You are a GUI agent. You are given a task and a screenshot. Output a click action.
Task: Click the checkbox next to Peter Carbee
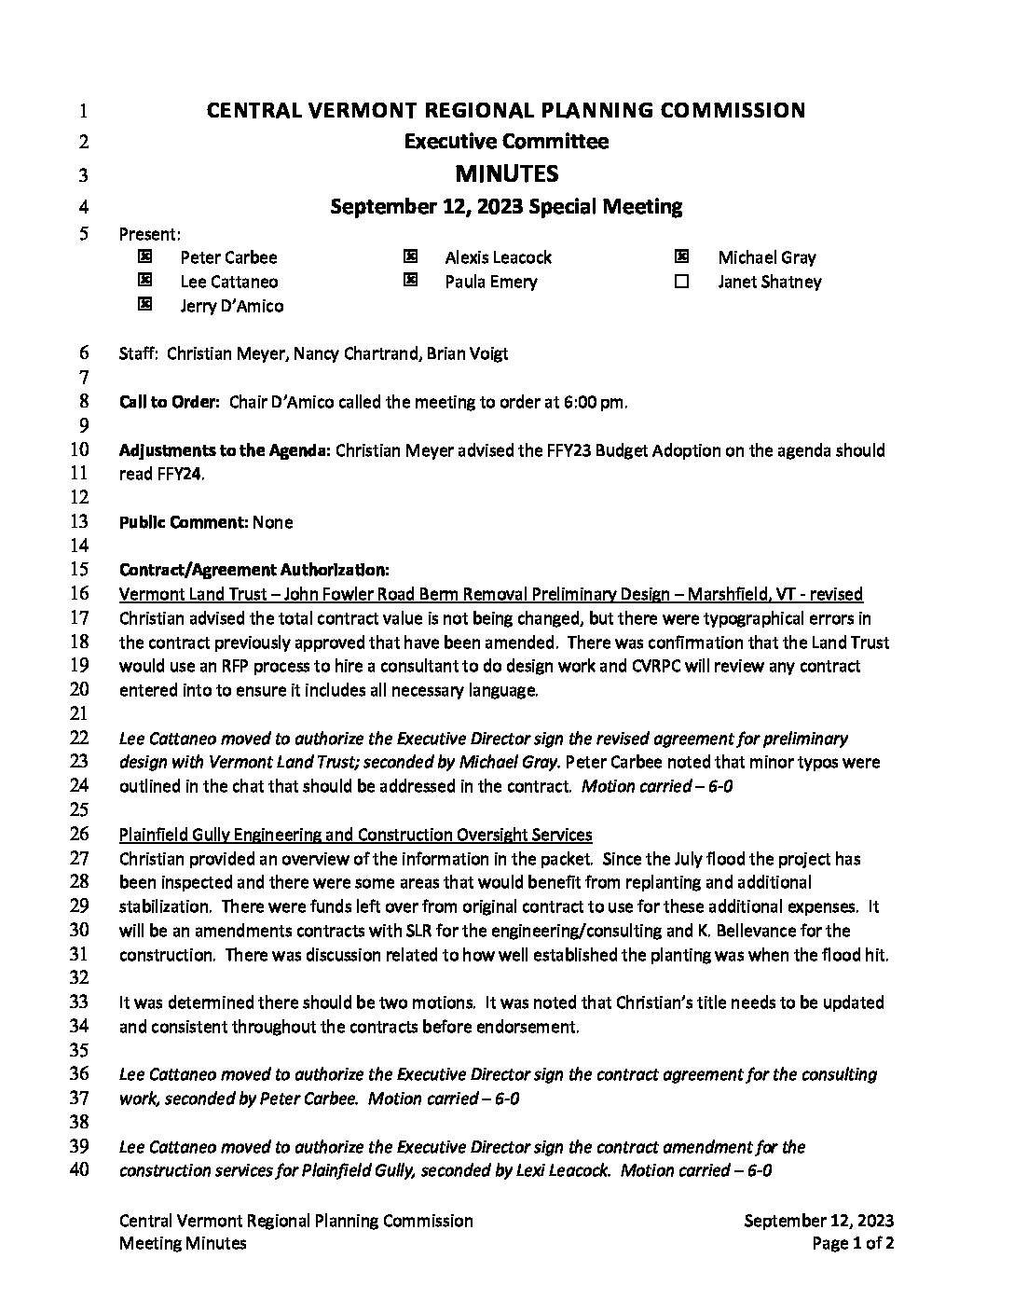[x=144, y=256]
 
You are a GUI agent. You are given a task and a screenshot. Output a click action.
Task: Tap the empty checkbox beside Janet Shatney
[x=681, y=281]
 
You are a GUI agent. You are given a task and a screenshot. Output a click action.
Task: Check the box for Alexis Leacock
[x=409, y=256]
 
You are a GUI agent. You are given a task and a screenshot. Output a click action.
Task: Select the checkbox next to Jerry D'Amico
[x=144, y=304]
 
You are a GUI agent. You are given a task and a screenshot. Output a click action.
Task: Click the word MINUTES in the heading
[x=506, y=173]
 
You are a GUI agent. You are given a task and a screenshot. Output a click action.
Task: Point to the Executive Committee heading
[x=506, y=142]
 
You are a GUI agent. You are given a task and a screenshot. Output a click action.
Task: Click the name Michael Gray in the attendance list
[x=766, y=257]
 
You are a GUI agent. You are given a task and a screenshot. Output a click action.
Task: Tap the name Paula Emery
[x=490, y=282]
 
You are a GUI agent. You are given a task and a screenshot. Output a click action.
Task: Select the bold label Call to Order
[x=170, y=403]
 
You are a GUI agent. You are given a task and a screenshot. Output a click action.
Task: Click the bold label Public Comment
[x=184, y=522]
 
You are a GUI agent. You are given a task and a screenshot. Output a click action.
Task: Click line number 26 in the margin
[x=79, y=834]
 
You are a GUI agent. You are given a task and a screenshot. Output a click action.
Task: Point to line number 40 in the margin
[x=79, y=1169]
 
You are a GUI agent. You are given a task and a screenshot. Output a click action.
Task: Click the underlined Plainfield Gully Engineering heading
[x=355, y=835]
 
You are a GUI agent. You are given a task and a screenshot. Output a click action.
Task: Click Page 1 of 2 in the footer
[x=853, y=1243]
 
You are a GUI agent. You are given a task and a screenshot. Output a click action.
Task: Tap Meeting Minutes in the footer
[x=183, y=1243]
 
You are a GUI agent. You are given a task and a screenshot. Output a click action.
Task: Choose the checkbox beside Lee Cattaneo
[x=144, y=280]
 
